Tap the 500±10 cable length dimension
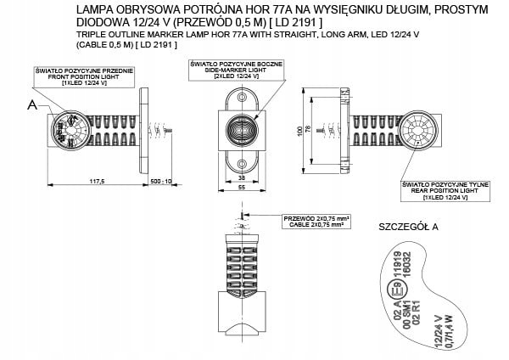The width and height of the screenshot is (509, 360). [160, 181]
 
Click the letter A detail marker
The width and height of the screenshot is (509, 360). [31, 105]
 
